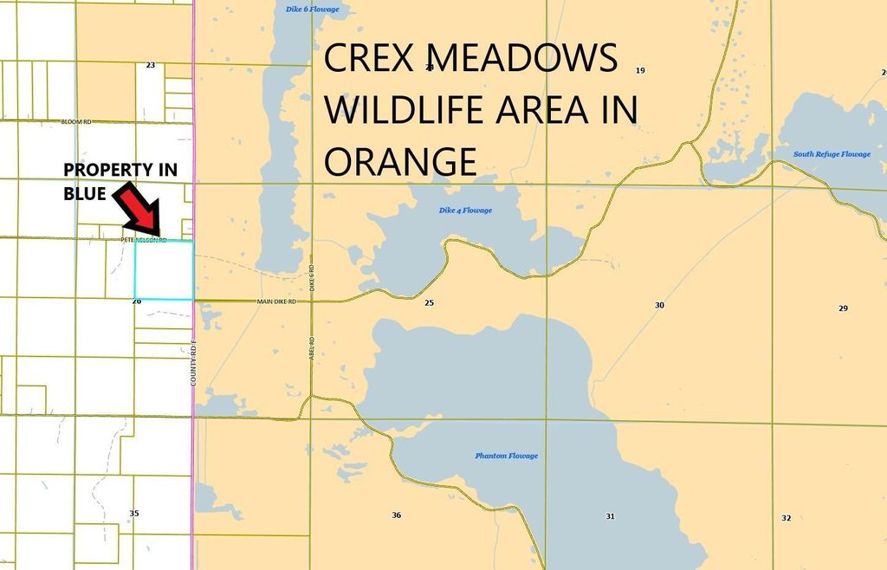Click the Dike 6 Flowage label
312,10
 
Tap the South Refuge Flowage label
832,154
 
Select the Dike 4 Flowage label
465,211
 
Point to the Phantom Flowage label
506,456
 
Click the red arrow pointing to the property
139,204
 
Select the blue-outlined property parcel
164,270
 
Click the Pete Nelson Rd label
144,239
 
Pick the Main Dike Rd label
276,301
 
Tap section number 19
640,70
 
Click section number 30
659,305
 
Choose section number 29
843,308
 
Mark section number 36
396,515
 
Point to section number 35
134,514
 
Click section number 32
786,518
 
